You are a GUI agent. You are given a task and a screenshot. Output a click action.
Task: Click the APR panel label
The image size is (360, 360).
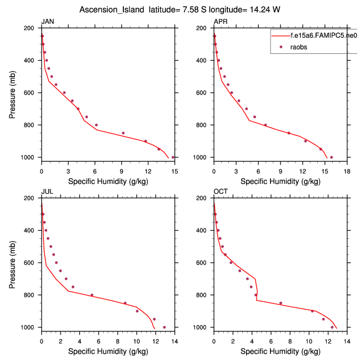click(220, 22)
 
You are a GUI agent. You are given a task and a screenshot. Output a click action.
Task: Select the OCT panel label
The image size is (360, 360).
click(221, 192)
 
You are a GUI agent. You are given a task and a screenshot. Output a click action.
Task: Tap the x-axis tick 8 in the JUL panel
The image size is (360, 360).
click(118, 336)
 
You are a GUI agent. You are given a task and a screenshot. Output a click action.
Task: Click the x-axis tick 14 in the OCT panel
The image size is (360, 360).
click(347, 336)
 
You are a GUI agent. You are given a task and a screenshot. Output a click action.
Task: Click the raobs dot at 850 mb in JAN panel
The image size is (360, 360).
click(123, 133)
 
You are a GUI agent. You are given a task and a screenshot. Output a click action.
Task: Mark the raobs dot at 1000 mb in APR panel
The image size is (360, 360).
click(331, 157)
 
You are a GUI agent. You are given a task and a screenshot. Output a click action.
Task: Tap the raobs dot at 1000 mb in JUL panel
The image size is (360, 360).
click(164, 327)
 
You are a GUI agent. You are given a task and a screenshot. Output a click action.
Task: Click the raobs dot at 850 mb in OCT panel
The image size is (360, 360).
click(281, 303)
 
